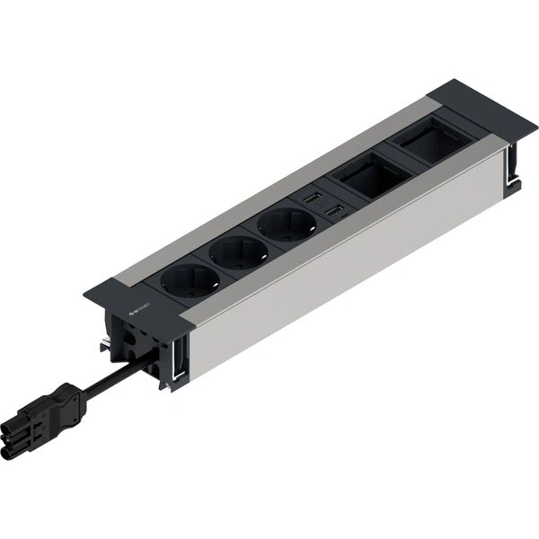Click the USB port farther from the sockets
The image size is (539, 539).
pyautogui.click(x=313, y=197)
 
